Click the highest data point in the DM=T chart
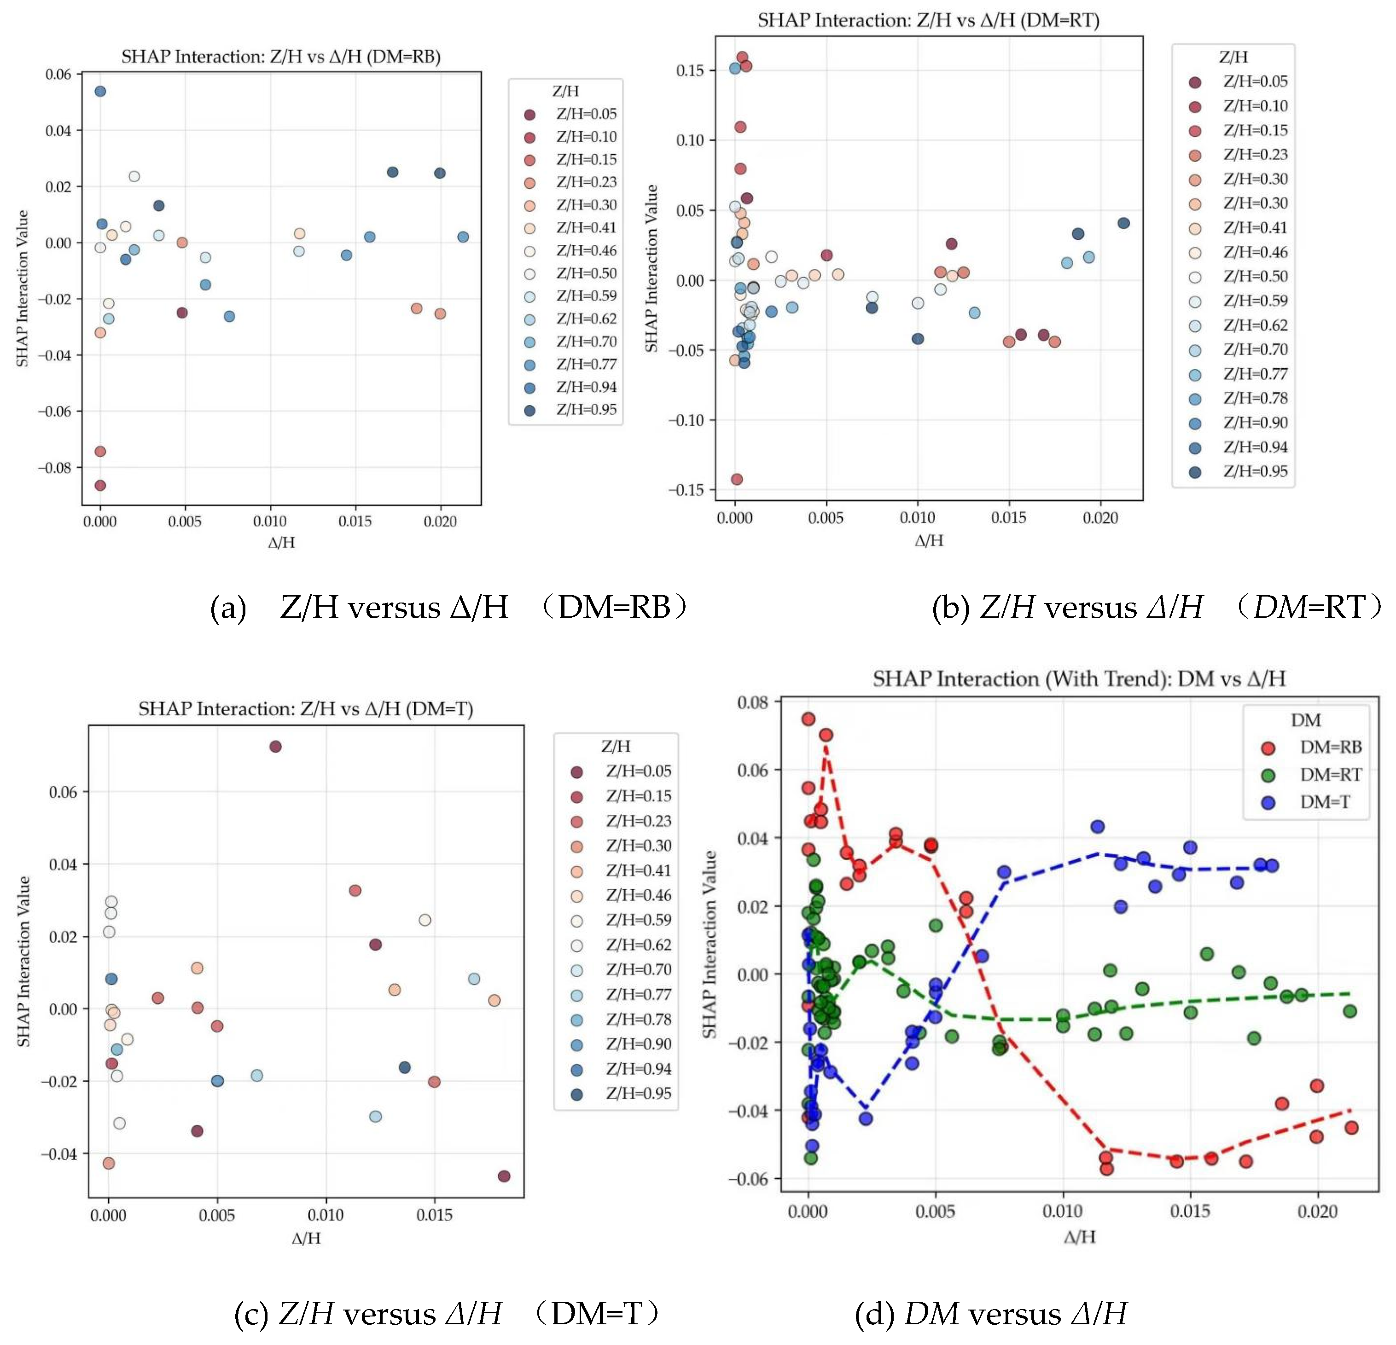click(x=276, y=746)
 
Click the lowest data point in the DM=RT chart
click(x=737, y=479)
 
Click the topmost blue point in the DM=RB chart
click(x=100, y=91)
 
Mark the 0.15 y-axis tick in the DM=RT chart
click(x=689, y=70)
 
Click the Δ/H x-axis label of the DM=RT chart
click(x=929, y=540)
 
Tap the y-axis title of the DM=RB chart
click(x=23, y=288)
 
